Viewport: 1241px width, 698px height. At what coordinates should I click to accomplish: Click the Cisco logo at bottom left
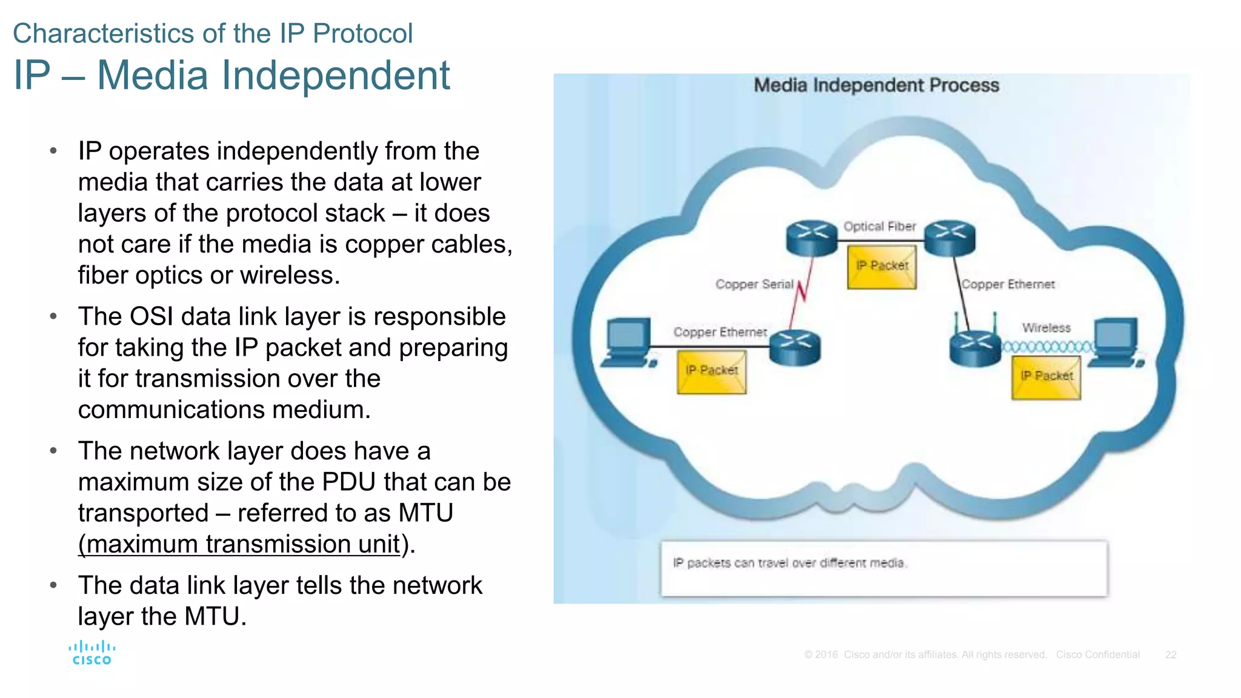click(91, 653)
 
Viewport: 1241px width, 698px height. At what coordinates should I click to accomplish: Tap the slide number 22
click(1170, 655)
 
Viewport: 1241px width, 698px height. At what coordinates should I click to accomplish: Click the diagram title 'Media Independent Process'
click(876, 85)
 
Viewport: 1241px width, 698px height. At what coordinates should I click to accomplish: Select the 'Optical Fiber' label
click(879, 227)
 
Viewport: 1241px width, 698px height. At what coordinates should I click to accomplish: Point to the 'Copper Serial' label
click(754, 284)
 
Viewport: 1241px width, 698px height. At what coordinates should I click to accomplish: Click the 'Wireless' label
click(1046, 328)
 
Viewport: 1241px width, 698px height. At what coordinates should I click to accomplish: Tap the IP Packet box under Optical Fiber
click(882, 267)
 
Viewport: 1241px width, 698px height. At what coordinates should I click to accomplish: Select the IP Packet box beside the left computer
click(711, 372)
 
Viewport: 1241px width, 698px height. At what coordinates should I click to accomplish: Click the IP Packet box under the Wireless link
click(1046, 377)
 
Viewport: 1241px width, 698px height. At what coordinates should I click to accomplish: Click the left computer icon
click(628, 343)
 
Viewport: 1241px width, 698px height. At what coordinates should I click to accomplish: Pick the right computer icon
click(1116, 343)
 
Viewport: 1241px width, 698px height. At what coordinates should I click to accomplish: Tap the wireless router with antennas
click(974, 347)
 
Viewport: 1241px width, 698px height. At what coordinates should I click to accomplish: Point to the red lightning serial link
click(802, 291)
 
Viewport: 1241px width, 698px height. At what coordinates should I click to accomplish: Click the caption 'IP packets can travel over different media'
click(789, 563)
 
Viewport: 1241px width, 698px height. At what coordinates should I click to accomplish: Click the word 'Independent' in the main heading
click(336, 76)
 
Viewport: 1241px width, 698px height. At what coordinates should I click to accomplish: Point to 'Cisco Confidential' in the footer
click(1097, 655)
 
